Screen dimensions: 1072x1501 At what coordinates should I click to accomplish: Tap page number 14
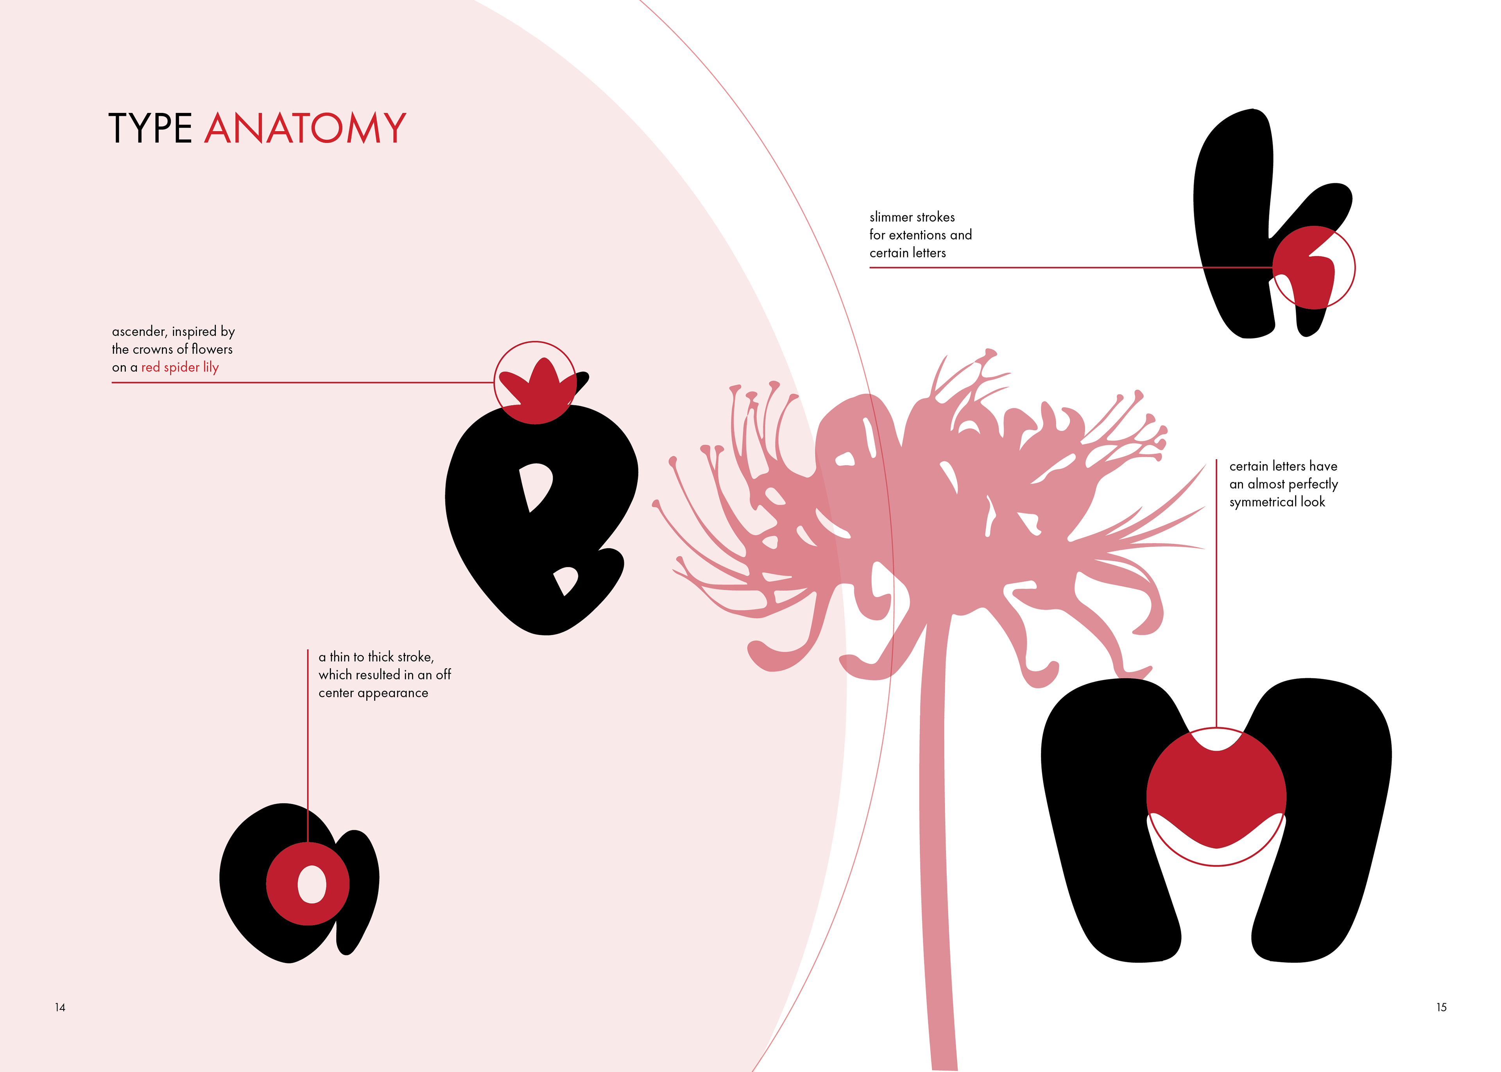[60, 1007]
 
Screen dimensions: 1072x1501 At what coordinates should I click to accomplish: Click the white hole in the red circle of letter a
[312, 884]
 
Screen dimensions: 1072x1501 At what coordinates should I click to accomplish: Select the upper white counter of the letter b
[536, 485]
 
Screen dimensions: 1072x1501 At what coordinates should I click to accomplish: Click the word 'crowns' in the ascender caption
[154, 349]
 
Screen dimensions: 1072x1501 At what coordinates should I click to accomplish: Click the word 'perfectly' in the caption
[1313, 485]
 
